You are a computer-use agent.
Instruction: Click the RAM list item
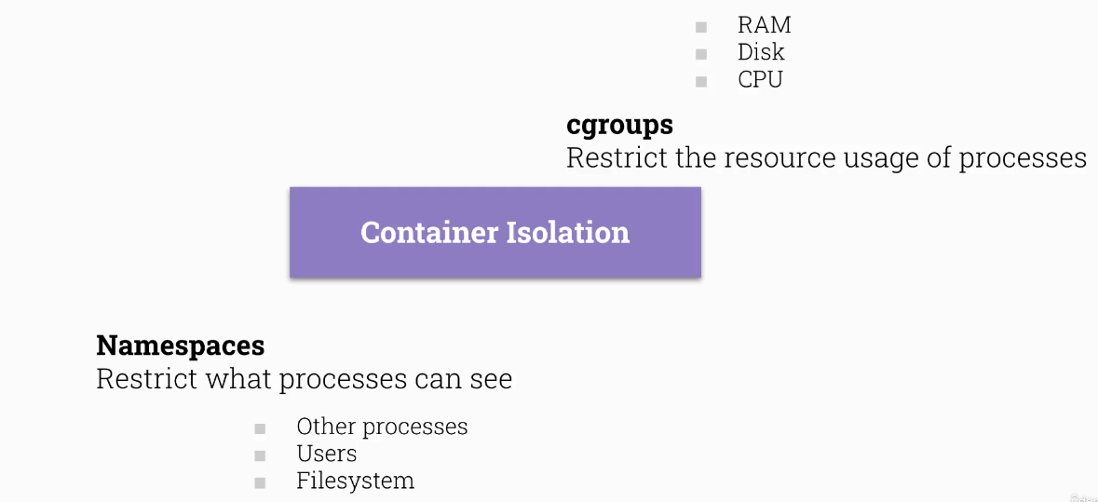[x=764, y=25]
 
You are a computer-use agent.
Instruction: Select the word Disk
[x=761, y=52]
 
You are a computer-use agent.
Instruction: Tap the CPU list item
[x=760, y=79]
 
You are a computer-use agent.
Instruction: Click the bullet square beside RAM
[x=701, y=28]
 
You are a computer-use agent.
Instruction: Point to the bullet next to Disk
[x=701, y=55]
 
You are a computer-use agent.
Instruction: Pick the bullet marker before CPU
[x=701, y=82]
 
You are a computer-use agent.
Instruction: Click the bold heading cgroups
[x=619, y=125]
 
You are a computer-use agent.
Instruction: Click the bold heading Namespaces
[x=180, y=346]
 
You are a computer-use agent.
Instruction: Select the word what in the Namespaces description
[x=237, y=379]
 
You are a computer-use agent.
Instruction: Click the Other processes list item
[x=382, y=427]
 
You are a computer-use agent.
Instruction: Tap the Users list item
[x=326, y=454]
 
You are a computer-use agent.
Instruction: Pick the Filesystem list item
[x=355, y=481]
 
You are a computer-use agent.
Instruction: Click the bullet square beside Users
[x=260, y=456]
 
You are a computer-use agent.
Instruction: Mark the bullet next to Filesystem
[x=260, y=483]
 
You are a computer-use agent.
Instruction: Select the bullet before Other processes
[x=260, y=429]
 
